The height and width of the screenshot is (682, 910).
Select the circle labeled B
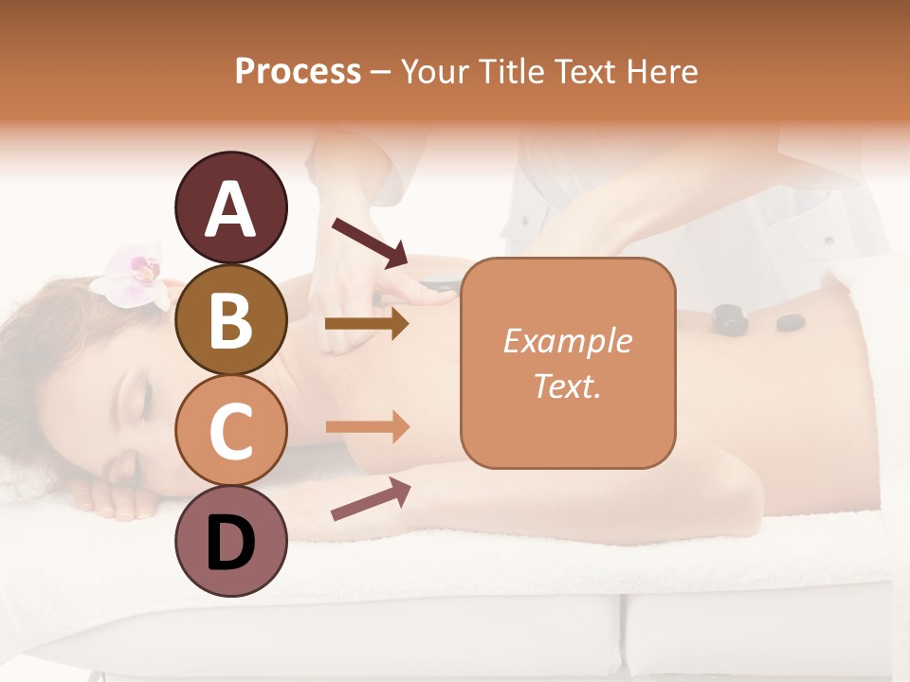(x=230, y=319)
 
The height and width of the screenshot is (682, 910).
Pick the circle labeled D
(x=230, y=541)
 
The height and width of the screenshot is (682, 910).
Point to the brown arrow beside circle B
(x=367, y=324)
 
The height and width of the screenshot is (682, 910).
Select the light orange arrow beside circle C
(x=367, y=427)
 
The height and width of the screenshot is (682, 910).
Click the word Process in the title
(x=298, y=72)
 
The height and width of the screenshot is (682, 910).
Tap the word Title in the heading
(x=518, y=72)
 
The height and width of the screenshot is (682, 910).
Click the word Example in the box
(x=567, y=341)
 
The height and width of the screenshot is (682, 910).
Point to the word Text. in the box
(x=567, y=386)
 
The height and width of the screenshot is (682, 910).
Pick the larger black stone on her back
(x=730, y=318)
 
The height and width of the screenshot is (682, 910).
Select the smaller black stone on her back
(x=790, y=322)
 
